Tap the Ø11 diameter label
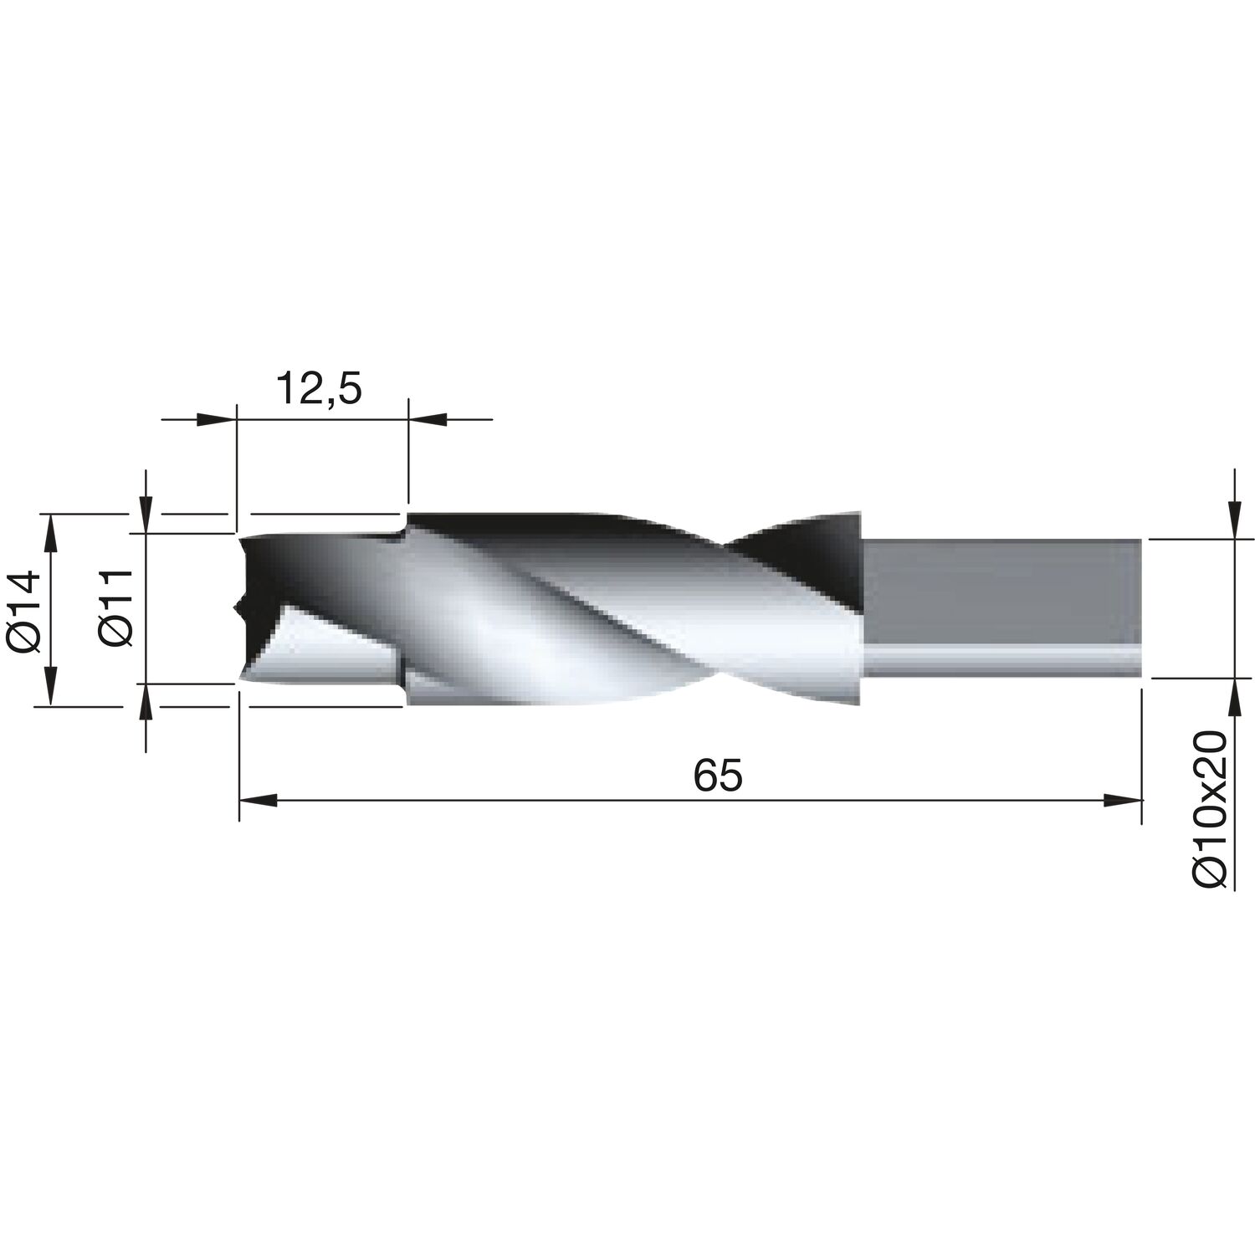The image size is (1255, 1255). tap(116, 607)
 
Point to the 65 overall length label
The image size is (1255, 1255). tap(717, 776)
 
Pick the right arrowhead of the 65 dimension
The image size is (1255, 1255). tap(1123, 802)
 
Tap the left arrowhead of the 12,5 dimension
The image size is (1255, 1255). tap(217, 418)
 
